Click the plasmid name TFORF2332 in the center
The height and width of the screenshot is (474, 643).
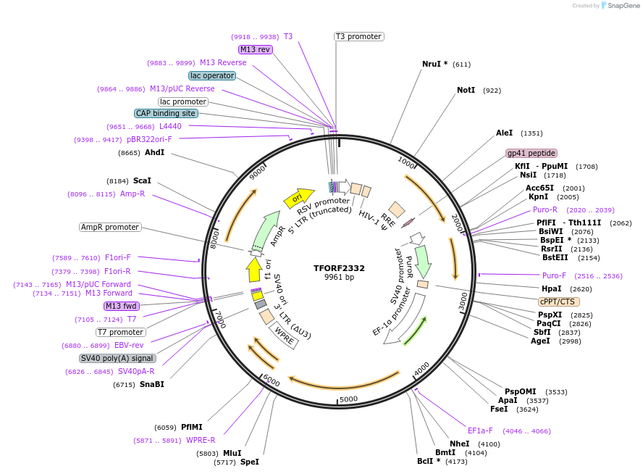(339, 267)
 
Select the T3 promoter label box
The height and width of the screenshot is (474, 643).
(358, 36)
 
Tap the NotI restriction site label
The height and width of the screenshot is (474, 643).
(466, 91)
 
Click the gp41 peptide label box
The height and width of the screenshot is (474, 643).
(531, 153)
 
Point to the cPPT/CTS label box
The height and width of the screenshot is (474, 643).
(558, 302)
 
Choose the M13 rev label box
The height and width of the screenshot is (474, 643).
(256, 49)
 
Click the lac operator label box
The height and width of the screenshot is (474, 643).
(211, 75)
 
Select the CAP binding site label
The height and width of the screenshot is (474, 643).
(166, 113)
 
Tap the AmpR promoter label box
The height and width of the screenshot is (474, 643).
(109, 227)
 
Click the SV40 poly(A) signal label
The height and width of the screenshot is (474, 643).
(117, 358)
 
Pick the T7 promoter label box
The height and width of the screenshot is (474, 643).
(120, 332)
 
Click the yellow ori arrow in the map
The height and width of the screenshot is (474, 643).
(298, 196)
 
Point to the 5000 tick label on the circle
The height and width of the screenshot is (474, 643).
(349, 399)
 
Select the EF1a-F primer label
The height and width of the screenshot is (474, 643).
(480, 431)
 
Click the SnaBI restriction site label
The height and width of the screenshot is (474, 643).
(151, 384)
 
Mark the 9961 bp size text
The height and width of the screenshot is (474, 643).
(339, 278)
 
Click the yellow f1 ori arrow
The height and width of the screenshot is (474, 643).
(254, 270)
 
